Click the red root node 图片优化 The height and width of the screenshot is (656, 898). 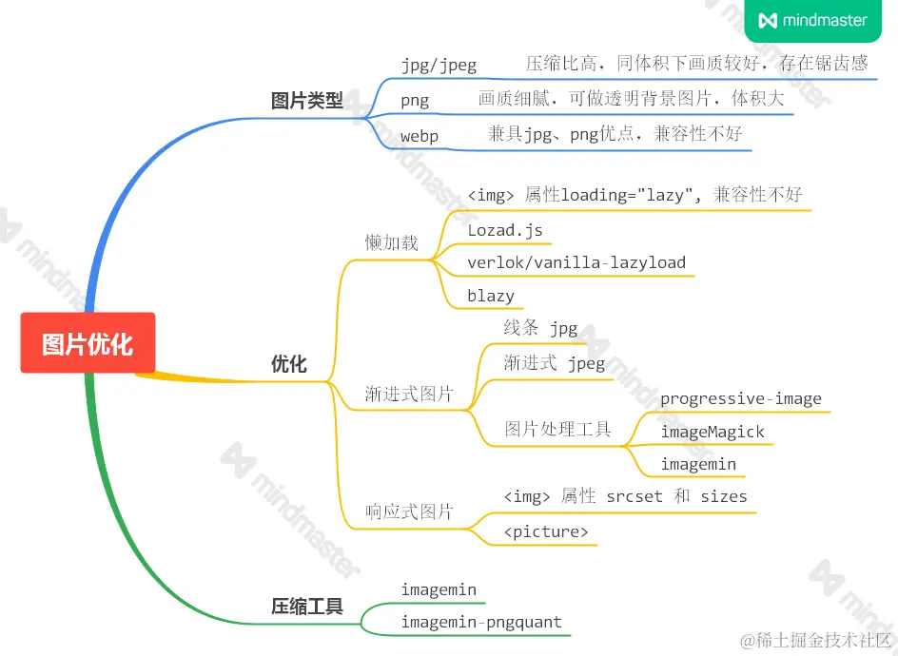[x=88, y=343]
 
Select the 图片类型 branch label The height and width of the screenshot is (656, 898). [x=306, y=100]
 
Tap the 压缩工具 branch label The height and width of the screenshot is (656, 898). [x=306, y=606]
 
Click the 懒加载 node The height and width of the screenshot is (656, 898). [x=391, y=242]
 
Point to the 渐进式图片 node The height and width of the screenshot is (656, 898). [x=409, y=394]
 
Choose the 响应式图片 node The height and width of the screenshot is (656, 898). [x=409, y=512]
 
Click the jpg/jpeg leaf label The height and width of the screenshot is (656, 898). [x=439, y=66]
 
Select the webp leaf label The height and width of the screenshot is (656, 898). [x=420, y=136]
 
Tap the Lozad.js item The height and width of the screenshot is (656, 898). [x=504, y=229]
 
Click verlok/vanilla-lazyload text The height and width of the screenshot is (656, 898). [x=576, y=262]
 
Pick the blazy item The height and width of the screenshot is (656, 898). [x=491, y=296]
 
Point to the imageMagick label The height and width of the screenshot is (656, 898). [x=713, y=432]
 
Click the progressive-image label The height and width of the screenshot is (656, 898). [x=741, y=398]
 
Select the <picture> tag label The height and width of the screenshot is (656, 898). [x=546, y=531]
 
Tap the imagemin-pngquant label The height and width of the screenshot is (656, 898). [x=481, y=623]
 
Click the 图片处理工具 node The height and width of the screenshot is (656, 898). [x=557, y=429]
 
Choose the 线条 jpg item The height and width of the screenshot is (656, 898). [x=540, y=328]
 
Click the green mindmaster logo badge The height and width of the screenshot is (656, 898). [x=813, y=20]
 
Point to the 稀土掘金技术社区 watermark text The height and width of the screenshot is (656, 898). [x=819, y=639]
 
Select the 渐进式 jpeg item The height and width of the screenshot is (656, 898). [x=555, y=363]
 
